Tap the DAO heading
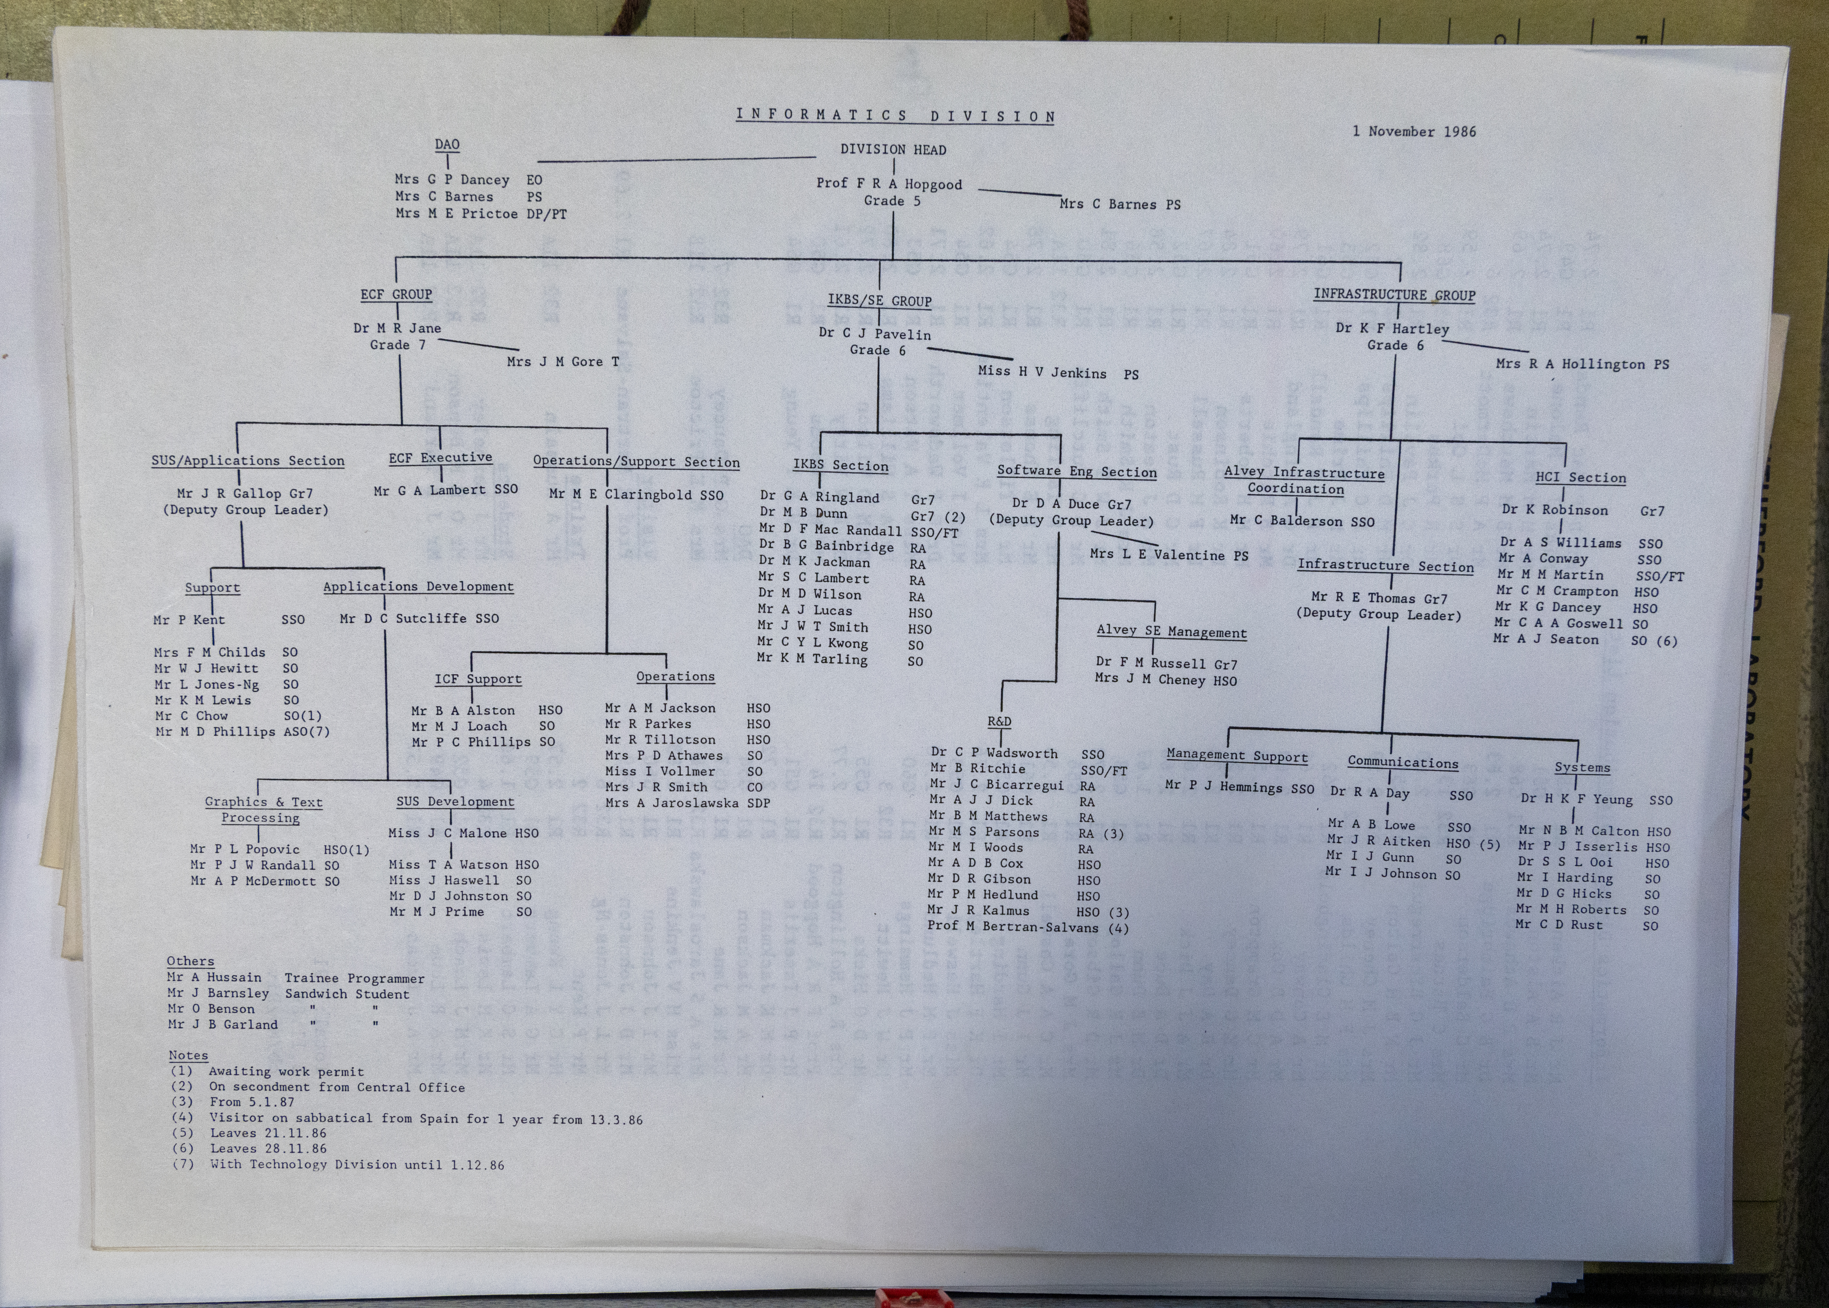tap(447, 145)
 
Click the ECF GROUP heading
tap(396, 295)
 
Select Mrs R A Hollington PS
tap(1583, 364)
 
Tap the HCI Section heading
tap(1580, 478)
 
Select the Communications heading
tap(1403, 762)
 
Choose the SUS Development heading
tap(455, 802)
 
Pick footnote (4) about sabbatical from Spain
tap(407, 1119)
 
